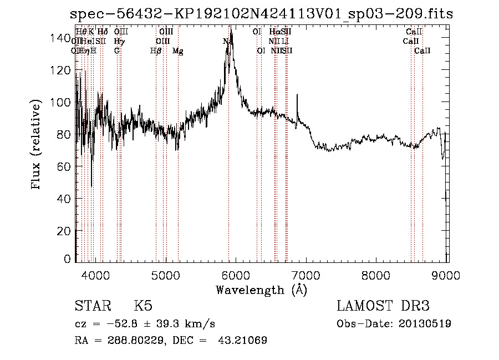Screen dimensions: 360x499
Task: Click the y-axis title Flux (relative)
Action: click(x=37, y=145)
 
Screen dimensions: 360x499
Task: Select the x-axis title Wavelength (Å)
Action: click(x=261, y=290)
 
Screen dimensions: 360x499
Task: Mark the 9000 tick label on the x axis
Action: click(x=447, y=275)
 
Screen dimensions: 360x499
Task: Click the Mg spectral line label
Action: click(x=178, y=51)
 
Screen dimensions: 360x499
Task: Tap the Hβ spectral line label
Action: click(x=156, y=51)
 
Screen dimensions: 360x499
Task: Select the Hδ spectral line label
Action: click(x=103, y=32)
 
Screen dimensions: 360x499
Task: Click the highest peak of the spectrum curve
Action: click(x=231, y=33)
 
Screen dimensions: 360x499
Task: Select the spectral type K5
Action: click(x=143, y=306)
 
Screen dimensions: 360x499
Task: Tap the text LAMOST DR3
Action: click(x=383, y=306)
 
